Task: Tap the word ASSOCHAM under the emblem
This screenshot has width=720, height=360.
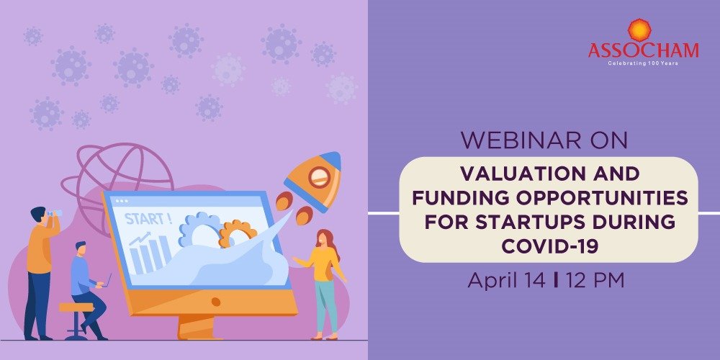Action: (643, 51)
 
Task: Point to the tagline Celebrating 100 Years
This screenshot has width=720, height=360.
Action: (643, 63)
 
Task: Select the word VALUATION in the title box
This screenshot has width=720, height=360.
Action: (510, 174)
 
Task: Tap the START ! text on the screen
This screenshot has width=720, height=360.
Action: (148, 219)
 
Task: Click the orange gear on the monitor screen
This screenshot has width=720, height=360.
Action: (238, 233)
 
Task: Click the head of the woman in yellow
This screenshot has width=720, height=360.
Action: (323, 238)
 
